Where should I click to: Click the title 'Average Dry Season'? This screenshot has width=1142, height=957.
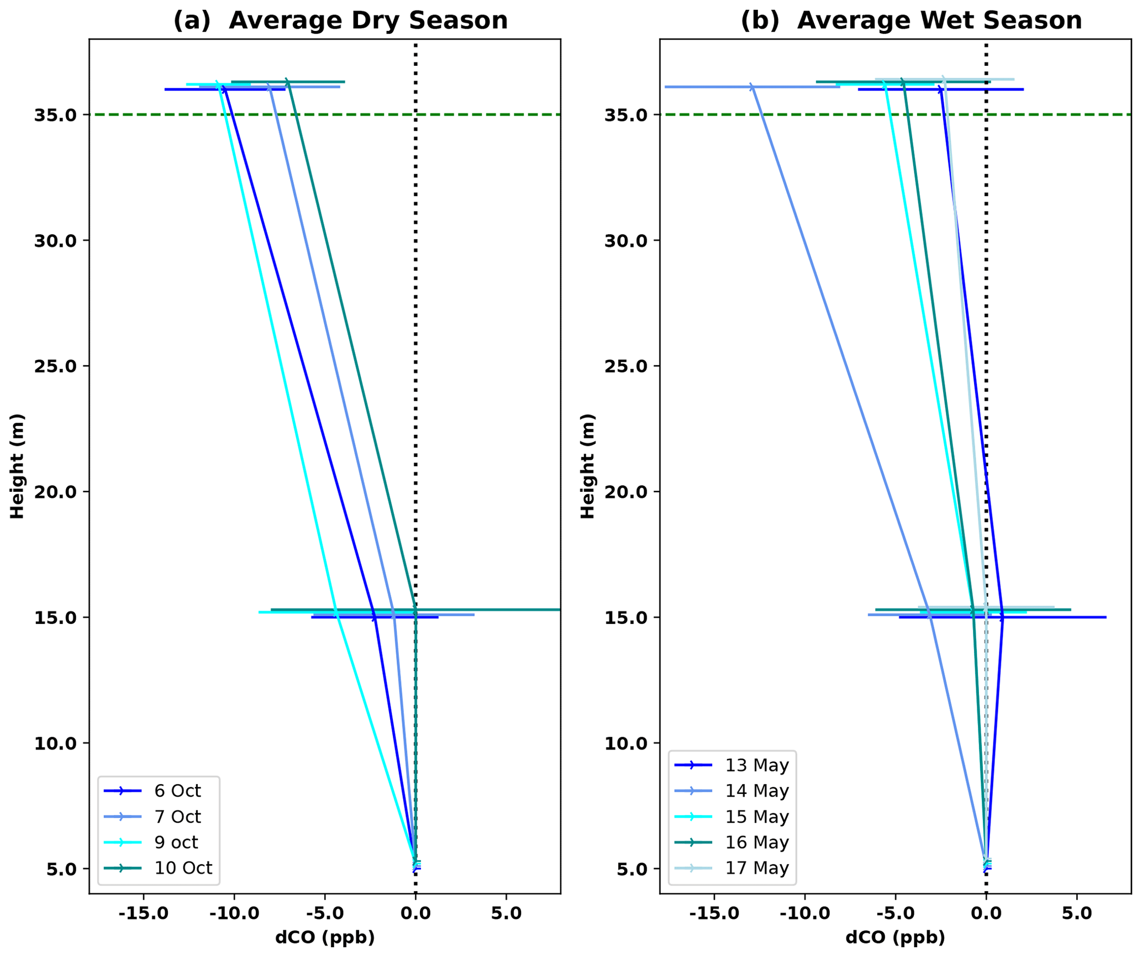point(368,21)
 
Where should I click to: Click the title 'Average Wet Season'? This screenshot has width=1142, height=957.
point(939,21)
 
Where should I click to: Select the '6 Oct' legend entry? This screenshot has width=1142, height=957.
point(177,791)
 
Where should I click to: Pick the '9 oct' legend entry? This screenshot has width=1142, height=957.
point(176,842)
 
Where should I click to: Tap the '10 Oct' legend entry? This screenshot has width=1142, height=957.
point(183,868)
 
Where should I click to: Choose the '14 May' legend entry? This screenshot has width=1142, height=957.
point(756,791)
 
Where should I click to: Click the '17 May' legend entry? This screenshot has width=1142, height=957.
point(756,868)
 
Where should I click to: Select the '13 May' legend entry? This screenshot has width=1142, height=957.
point(756,765)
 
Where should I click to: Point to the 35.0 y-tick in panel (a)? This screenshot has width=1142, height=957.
point(55,115)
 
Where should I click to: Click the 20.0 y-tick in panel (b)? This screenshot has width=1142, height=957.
point(625,492)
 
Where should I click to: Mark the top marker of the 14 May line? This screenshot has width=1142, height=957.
point(751,87)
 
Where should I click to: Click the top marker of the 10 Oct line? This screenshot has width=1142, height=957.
point(287,82)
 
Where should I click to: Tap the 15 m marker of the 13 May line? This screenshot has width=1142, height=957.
point(1002,617)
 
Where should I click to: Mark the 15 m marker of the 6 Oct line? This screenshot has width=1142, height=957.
point(375,617)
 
